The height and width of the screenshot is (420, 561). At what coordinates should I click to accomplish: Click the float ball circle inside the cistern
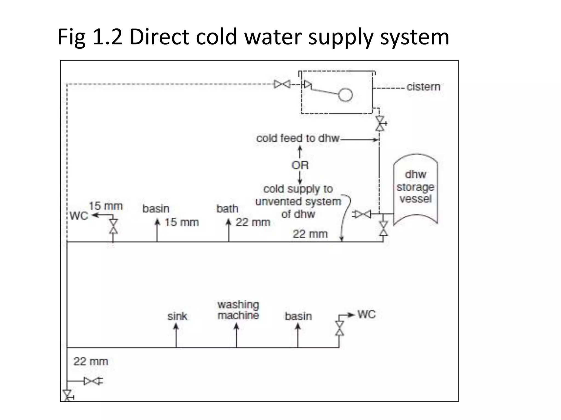(345, 95)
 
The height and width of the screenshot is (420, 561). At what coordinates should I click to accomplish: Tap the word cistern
(423, 87)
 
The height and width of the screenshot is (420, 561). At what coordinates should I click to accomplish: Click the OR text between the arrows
(300, 165)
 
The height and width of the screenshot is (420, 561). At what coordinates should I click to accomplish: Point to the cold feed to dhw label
(298, 138)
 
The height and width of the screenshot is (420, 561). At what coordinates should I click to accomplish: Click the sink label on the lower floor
(177, 316)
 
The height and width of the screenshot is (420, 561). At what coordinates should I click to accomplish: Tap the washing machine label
(238, 310)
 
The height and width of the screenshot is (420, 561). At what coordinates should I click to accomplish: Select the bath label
(227, 209)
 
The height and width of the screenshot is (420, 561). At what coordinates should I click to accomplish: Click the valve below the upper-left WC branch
(113, 226)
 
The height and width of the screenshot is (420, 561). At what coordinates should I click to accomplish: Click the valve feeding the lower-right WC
(340, 328)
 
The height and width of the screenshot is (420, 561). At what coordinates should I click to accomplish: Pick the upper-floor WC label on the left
(79, 216)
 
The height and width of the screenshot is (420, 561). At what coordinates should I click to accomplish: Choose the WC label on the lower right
(367, 314)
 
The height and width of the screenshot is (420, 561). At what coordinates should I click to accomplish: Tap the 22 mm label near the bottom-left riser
(91, 361)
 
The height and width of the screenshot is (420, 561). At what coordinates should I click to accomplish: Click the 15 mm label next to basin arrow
(182, 222)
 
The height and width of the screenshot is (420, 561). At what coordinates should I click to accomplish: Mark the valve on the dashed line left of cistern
(282, 84)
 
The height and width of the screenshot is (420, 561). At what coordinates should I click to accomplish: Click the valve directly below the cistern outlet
(380, 124)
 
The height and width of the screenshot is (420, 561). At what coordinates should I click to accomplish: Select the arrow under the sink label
(176, 335)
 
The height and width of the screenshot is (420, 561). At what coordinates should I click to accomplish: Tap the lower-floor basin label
(298, 316)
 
